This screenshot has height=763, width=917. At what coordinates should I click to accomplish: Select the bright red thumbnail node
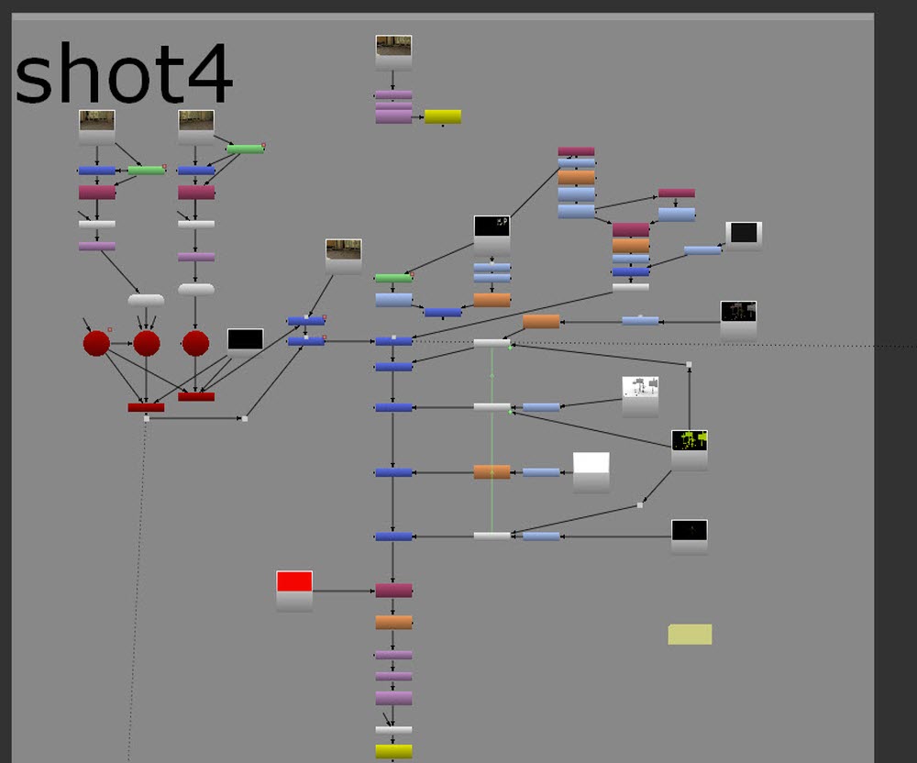(294, 592)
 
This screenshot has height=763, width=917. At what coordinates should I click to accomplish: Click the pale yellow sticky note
(691, 635)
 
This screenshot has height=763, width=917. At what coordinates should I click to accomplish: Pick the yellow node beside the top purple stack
(443, 117)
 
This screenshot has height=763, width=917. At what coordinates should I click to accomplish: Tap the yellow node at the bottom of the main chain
(393, 751)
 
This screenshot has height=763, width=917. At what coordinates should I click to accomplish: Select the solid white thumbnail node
(591, 472)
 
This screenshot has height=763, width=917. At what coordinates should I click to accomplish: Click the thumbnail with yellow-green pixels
(690, 450)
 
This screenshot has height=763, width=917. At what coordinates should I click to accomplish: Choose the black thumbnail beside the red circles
(245, 342)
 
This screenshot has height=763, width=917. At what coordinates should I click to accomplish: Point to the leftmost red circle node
(96, 343)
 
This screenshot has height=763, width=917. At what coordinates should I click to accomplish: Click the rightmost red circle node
(196, 343)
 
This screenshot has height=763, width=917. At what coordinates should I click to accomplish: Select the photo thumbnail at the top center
(393, 53)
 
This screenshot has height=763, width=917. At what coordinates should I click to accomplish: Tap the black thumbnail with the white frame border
(744, 236)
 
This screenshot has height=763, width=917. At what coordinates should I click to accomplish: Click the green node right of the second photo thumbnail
(245, 149)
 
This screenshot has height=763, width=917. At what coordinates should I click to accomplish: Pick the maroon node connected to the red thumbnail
(393, 591)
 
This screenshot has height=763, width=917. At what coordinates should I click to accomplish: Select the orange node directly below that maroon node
(393, 622)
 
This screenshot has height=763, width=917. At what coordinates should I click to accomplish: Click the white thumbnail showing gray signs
(640, 396)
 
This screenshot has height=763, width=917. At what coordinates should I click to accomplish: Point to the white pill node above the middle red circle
(146, 300)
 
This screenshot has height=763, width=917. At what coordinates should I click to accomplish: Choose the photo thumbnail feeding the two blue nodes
(343, 257)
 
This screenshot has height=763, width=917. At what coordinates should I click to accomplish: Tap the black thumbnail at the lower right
(690, 536)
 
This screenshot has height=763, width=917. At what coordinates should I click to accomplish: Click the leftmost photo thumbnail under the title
(96, 127)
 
